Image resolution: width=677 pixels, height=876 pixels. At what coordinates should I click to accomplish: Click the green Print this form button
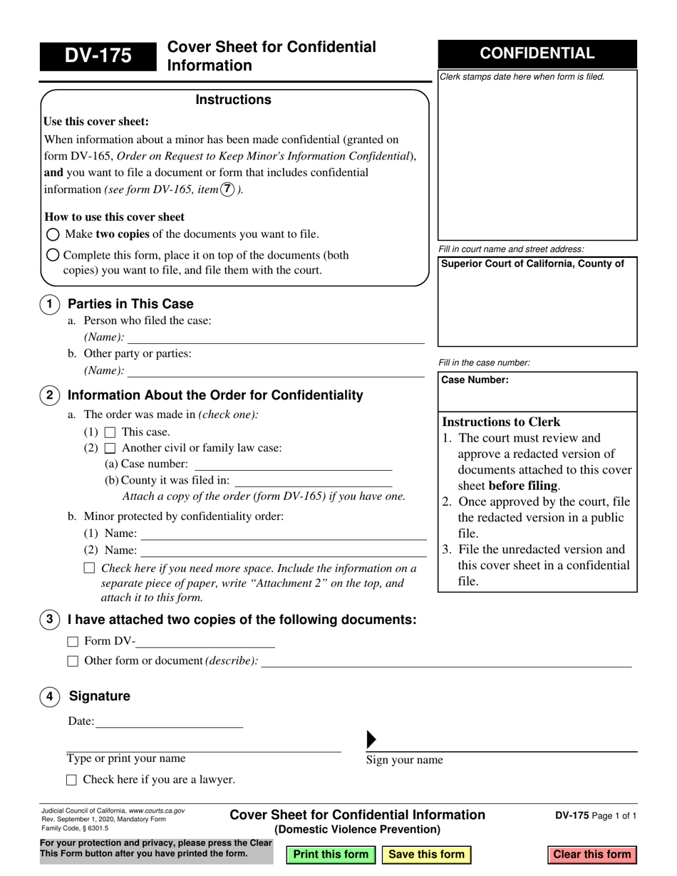331,854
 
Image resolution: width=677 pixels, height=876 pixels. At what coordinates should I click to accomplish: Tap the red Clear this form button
591,854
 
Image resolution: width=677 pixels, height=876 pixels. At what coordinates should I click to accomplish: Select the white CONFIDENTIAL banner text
537,53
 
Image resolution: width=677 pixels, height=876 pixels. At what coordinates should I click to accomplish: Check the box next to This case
110,432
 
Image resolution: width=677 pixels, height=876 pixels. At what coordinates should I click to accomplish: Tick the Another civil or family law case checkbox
110,449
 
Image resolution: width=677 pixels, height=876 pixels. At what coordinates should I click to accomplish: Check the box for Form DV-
73,641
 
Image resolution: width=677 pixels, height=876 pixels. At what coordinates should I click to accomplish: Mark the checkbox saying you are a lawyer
71,780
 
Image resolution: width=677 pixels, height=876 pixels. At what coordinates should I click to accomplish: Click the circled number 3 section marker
49,620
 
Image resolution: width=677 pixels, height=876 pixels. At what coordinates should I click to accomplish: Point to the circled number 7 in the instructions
227,189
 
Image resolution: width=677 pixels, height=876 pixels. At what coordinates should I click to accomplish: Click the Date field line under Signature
168,721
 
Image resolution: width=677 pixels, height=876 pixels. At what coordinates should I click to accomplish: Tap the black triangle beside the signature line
371,740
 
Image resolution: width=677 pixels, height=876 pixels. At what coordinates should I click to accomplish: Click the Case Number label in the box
475,380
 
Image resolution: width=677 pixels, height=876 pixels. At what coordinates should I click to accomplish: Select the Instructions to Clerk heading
501,422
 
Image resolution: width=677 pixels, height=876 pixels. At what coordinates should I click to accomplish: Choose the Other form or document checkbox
73,661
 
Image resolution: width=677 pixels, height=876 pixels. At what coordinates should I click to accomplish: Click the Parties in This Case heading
130,304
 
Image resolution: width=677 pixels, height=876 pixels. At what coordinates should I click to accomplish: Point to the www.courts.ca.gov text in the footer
157,810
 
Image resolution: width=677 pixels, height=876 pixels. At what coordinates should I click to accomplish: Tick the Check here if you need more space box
89,568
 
